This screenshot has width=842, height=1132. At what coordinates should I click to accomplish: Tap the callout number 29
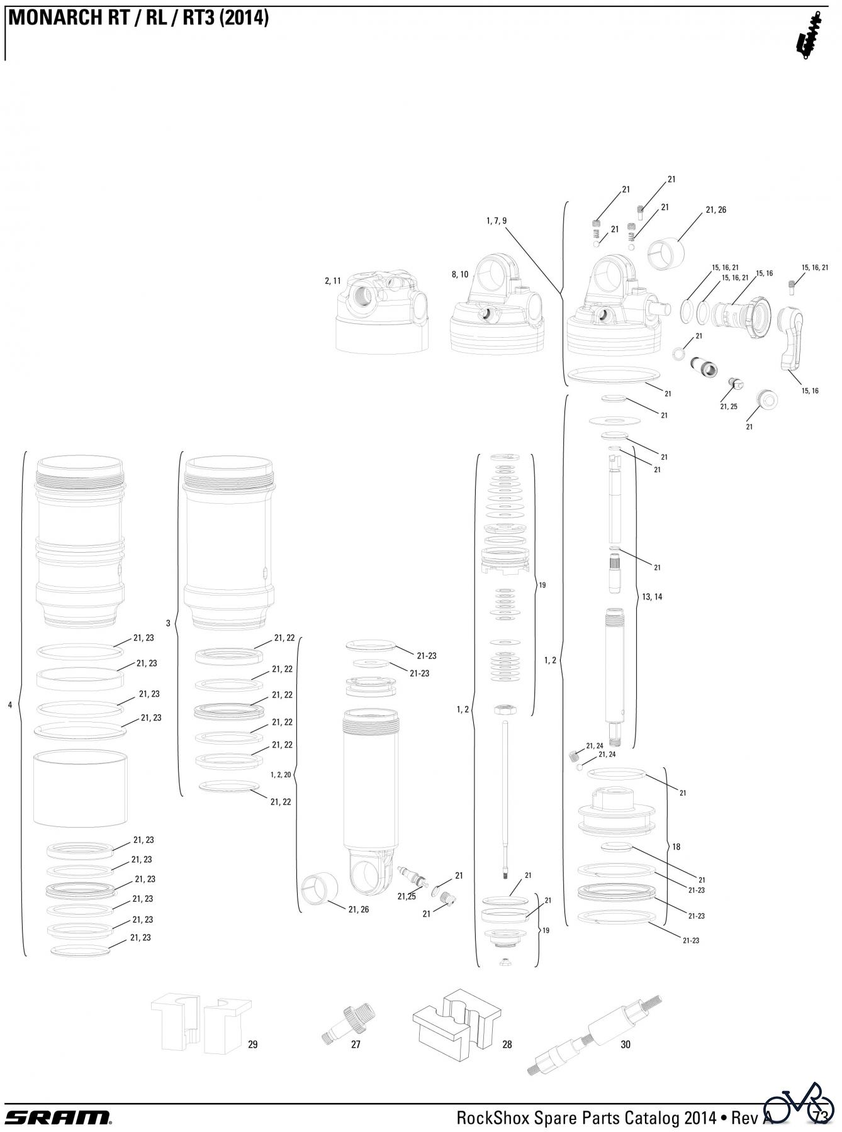[252, 1045]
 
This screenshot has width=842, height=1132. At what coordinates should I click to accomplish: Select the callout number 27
[356, 1045]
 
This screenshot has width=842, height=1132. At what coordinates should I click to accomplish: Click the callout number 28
[507, 1045]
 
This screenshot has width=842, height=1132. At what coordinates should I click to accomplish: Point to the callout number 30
[625, 1045]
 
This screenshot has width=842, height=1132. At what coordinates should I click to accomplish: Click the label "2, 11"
[333, 280]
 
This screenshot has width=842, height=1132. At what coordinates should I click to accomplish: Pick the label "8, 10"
[460, 274]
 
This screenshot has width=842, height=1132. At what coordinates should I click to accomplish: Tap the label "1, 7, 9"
[497, 221]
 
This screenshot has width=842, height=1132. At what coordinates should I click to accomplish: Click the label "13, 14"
[652, 597]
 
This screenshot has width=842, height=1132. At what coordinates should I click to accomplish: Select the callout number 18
[676, 846]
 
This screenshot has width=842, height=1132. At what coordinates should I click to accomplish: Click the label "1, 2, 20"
[281, 775]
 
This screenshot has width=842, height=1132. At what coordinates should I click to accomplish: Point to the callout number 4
[10, 705]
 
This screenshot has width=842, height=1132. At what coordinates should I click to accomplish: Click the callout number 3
[168, 623]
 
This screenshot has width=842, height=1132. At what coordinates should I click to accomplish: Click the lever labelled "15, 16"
[791, 338]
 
